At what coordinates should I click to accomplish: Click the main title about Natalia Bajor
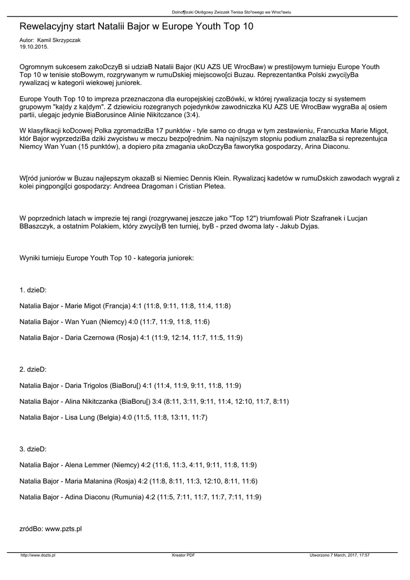pyautogui.click(x=136, y=27)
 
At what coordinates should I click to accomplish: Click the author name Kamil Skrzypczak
pyautogui.click(x=58, y=41)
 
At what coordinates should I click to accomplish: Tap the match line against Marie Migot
pyautogui.click(x=125, y=306)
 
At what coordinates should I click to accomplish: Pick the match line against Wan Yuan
pyautogui.click(x=114, y=322)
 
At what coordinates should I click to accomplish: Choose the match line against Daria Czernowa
pyautogui.click(x=131, y=338)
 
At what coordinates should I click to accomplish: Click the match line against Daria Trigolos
pyautogui.click(x=130, y=386)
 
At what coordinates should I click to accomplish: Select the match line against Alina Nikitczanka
pyautogui.click(x=154, y=402)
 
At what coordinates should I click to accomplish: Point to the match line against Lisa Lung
pyautogui.click(x=113, y=417)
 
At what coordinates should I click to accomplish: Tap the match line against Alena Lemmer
pyautogui.click(x=138, y=465)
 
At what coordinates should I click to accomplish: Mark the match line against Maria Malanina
pyautogui.click(x=138, y=481)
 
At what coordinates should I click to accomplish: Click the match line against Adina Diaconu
pyautogui.click(x=140, y=497)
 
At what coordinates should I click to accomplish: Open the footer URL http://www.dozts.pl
pyautogui.click(x=38, y=555)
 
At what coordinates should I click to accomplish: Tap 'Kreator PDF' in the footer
pyautogui.click(x=183, y=555)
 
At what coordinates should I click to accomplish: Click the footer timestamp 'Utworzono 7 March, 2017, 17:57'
pyautogui.click(x=340, y=555)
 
